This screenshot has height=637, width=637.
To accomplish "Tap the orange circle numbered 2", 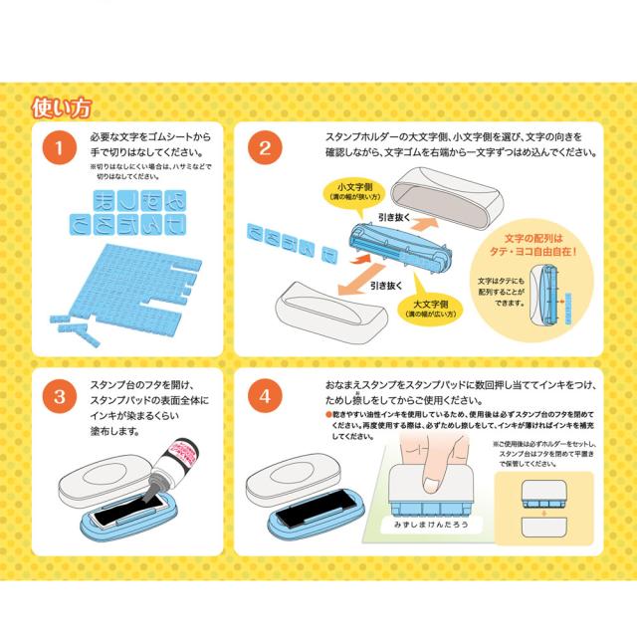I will [264, 149].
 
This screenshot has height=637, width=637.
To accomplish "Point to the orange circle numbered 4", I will [264, 398].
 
